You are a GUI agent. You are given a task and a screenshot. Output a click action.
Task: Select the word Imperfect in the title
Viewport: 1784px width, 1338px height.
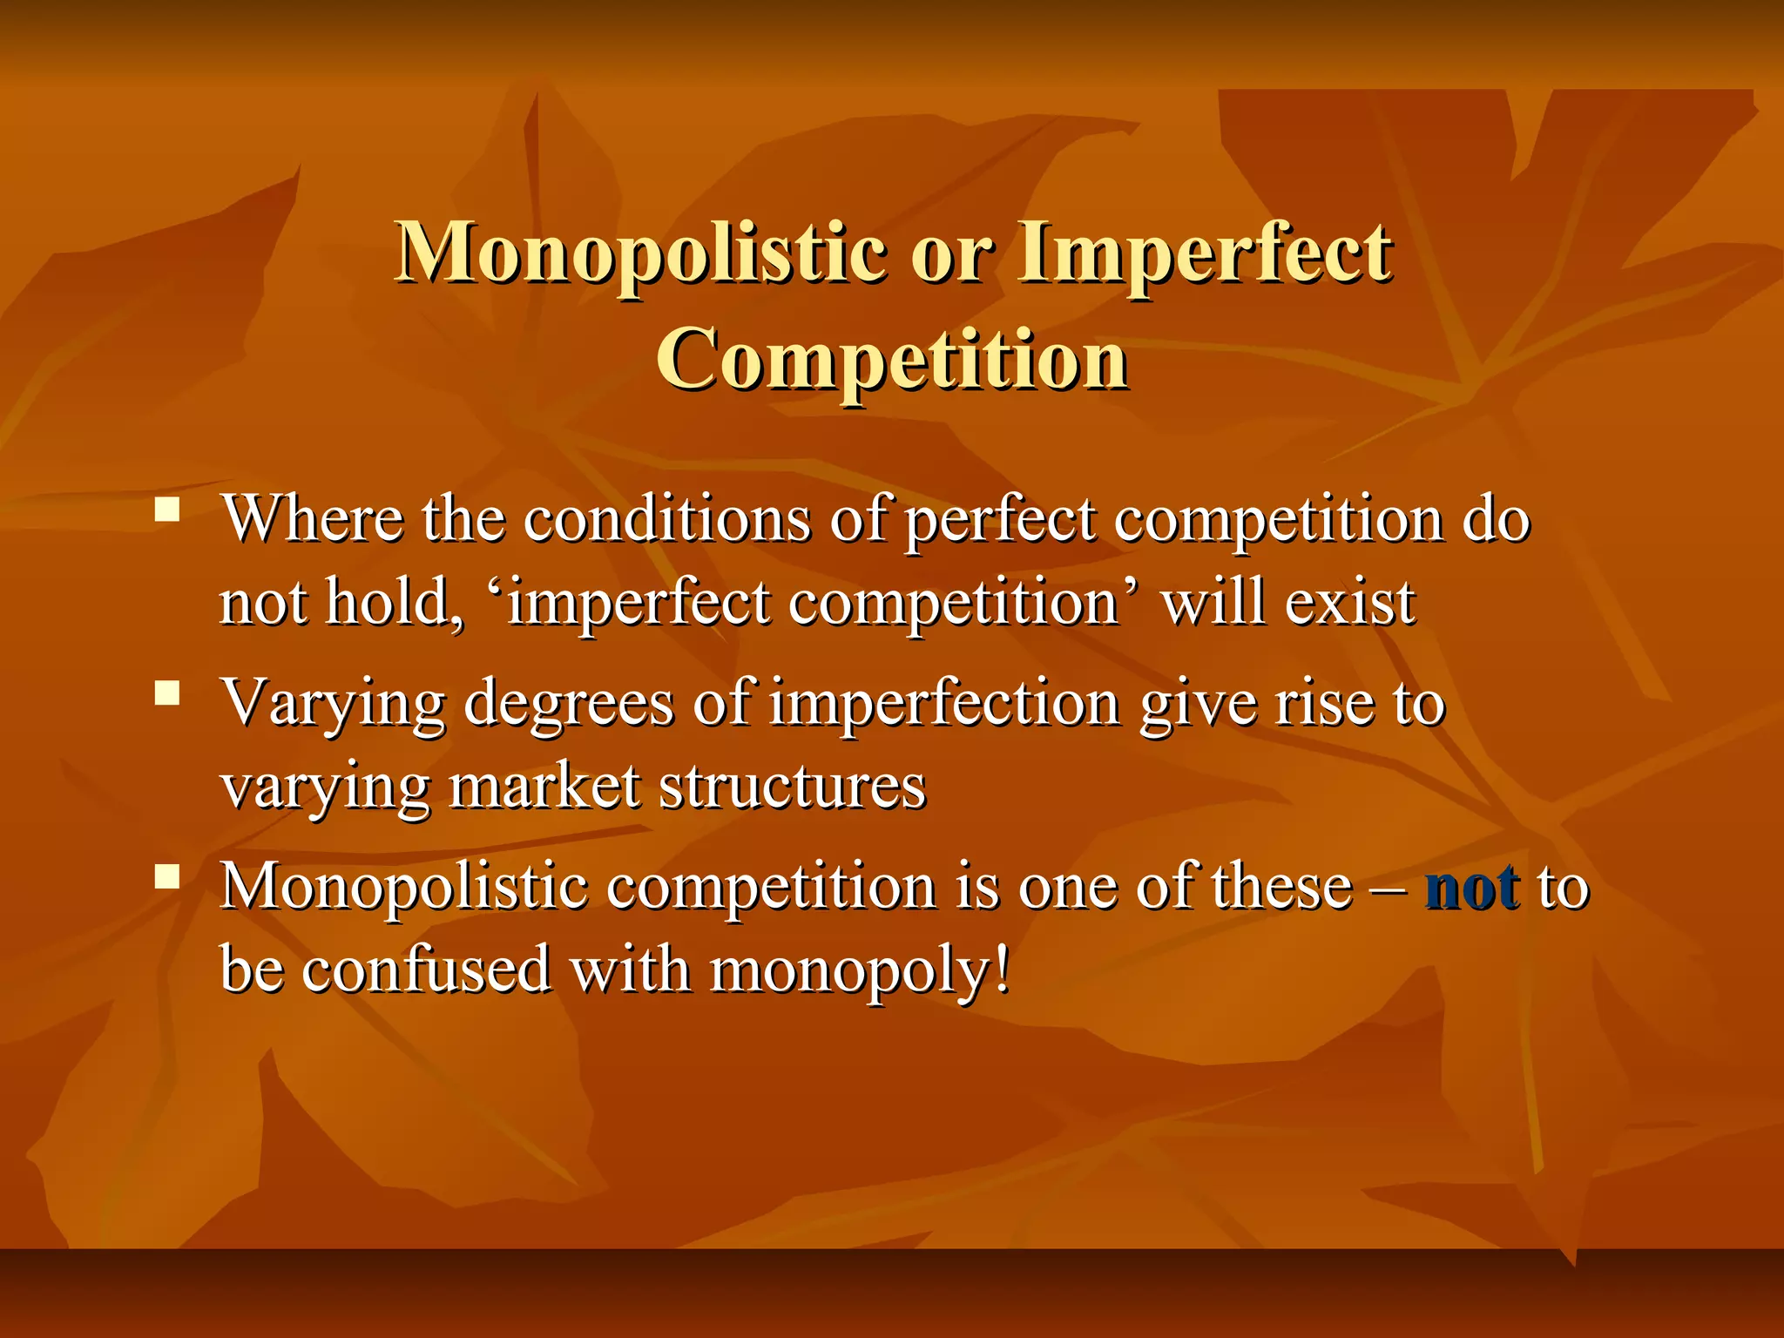pyautogui.click(x=1206, y=253)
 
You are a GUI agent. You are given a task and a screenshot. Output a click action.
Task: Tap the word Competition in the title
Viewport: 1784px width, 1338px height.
pyautogui.click(x=892, y=360)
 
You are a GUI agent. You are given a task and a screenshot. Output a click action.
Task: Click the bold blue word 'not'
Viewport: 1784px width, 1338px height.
pyautogui.click(x=1472, y=888)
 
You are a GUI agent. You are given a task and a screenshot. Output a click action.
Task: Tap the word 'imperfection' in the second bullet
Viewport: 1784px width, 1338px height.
pyautogui.click(x=944, y=704)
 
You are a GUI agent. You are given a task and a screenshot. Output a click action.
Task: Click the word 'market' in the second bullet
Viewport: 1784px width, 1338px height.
pyautogui.click(x=544, y=787)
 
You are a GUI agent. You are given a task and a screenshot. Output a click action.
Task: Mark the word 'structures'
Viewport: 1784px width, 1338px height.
pyautogui.click(x=792, y=787)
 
